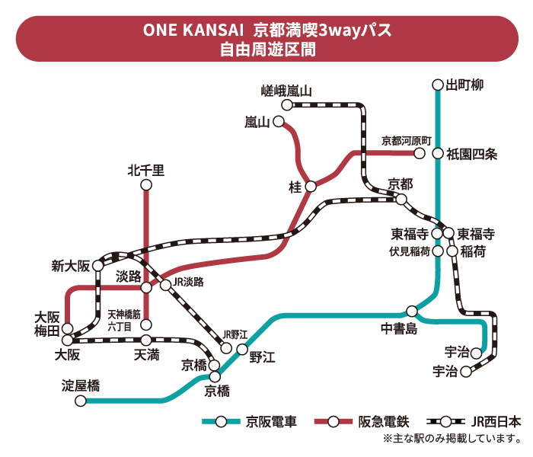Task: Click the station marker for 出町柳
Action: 438,85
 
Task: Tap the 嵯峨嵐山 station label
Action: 286,91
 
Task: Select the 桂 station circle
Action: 311,187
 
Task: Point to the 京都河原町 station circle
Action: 420,153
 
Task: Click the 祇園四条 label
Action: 471,155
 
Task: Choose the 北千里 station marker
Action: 146,185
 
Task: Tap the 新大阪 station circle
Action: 98,265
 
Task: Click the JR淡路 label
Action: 188,282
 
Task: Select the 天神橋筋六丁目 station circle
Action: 146,324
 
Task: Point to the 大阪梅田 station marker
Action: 68,328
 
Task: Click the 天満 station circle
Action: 146,340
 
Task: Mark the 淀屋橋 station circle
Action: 81,401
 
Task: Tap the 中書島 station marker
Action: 412,311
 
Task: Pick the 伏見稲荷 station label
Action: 410,251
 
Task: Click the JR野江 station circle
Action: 226,348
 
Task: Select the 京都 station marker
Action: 401,200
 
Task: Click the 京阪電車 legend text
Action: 271,422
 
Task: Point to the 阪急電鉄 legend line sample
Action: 334,422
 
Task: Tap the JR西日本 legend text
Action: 496,422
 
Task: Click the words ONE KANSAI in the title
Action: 193,30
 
